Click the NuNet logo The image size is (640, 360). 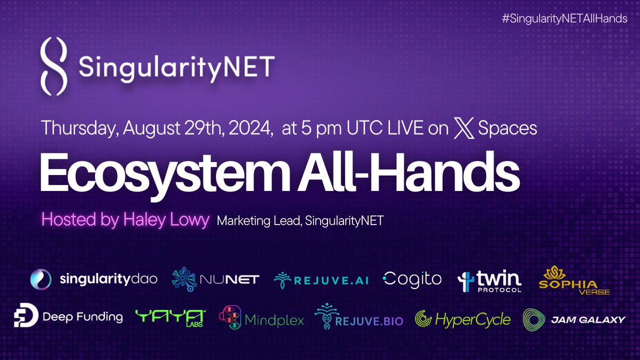coord(215,279)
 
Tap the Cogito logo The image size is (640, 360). coord(412,278)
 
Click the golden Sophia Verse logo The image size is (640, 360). coord(573,281)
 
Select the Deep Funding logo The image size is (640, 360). coord(68,317)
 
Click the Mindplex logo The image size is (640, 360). coord(261,318)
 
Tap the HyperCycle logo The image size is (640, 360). coord(463,319)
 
